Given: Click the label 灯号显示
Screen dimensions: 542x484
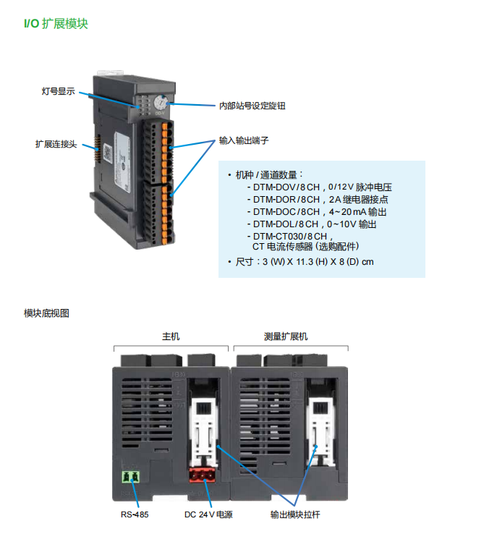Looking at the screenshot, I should [59, 92].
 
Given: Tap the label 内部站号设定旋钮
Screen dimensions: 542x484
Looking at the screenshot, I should [252, 106].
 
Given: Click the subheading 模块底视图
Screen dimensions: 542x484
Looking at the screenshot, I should [46, 313].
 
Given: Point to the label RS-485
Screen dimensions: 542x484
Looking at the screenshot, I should [134, 515].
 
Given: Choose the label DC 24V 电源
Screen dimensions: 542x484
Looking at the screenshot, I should [208, 515].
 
